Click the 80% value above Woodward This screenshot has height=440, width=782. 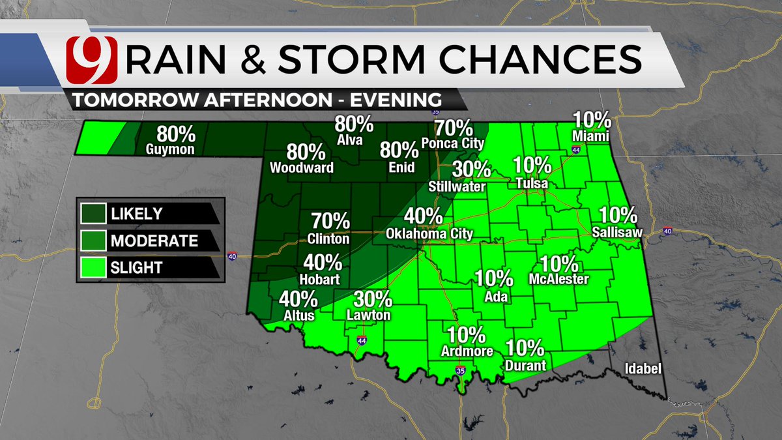point(306,153)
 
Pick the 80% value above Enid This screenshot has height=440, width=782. point(399,150)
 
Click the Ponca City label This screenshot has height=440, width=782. point(453,143)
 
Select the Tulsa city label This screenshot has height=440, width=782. point(530,184)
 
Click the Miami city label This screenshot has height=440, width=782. point(592,136)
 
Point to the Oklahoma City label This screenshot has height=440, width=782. point(429,233)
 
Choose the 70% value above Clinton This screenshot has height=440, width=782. point(330,222)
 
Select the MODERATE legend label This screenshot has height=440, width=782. point(154,241)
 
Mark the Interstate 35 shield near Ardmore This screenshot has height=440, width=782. point(461,372)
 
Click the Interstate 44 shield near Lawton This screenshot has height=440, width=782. point(361,340)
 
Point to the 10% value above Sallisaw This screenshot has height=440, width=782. point(617,214)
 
